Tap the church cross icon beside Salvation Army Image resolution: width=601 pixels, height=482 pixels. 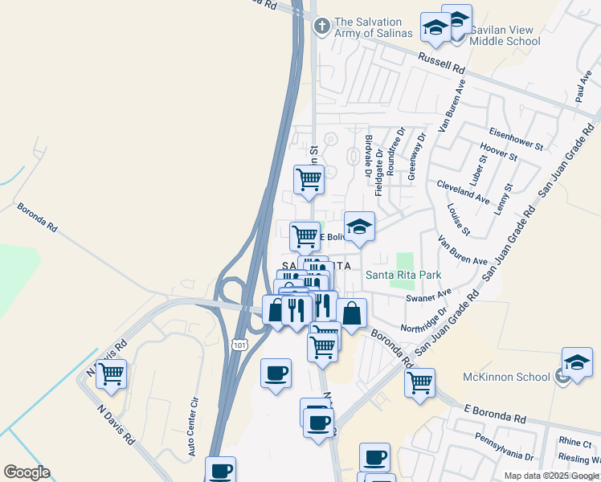pyautogui.click(x=321, y=27)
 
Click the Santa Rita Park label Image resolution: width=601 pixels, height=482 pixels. pyautogui.click(x=403, y=275)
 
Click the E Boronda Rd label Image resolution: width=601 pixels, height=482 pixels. pyautogui.click(x=495, y=415)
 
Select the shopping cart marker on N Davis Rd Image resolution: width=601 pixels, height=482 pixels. pyautogui.click(x=111, y=374)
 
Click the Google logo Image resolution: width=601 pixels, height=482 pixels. pyautogui.click(x=27, y=472)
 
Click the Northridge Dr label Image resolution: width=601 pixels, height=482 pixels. pyautogui.click(x=425, y=320)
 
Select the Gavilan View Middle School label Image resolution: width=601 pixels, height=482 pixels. pyautogui.click(x=505, y=35)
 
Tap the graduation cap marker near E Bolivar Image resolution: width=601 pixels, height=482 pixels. pyautogui.click(x=360, y=227)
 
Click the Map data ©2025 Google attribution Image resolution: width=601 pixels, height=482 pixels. pyautogui.click(x=551, y=476)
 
